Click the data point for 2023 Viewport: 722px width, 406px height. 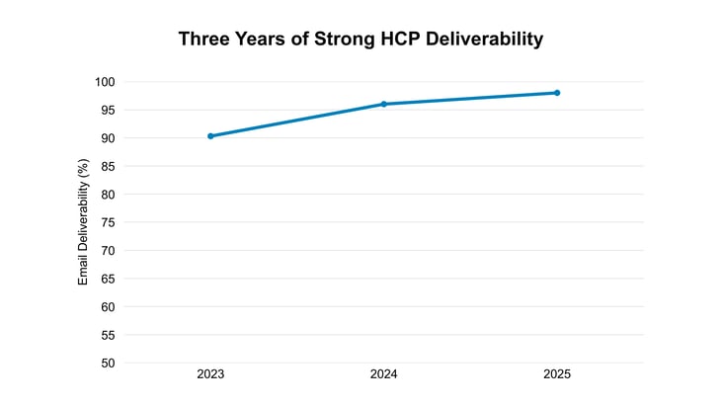point(210,136)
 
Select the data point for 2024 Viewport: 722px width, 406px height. point(383,104)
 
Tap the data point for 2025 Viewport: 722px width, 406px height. point(557,93)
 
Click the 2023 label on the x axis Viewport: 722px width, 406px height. point(210,375)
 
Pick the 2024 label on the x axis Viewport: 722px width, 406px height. point(383,375)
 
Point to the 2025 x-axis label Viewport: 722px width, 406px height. point(557,375)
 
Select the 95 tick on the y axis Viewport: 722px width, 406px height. point(107,110)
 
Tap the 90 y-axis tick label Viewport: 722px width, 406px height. point(107,138)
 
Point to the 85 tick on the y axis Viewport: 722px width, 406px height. point(107,166)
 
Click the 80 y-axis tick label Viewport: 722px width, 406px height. point(107,195)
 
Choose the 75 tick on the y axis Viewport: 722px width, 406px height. point(107,222)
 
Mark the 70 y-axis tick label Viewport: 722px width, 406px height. point(107,251)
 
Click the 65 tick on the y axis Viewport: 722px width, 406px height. point(107,279)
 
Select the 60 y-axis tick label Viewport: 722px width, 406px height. point(107,307)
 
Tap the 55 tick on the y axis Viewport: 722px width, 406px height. point(107,335)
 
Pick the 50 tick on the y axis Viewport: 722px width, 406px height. point(107,363)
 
